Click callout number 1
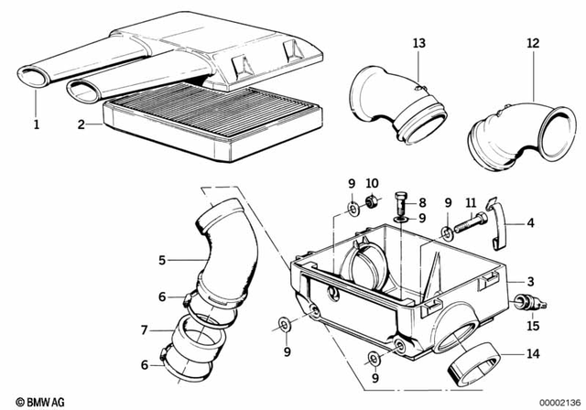(x=37, y=124)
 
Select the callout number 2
(x=81, y=124)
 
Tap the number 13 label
(x=418, y=44)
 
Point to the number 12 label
(x=534, y=44)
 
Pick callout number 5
(x=162, y=260)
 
